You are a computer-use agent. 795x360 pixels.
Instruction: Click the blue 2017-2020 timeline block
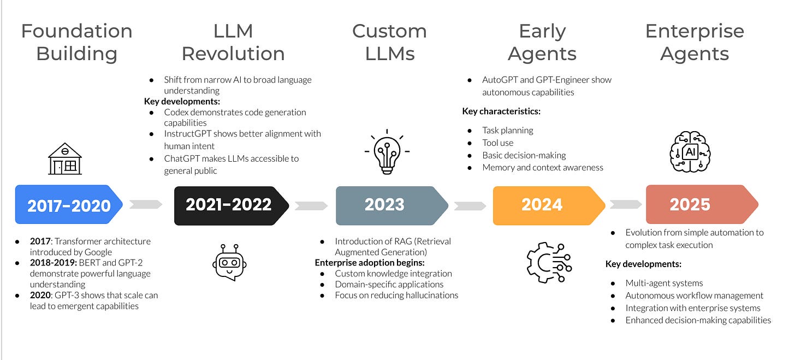tap(69, 205)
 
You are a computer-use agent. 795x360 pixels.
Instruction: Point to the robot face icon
tap(229, 263)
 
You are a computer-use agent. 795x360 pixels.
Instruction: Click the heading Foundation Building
tap(76, 42)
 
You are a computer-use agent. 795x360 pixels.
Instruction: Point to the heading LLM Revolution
tap(233, 42)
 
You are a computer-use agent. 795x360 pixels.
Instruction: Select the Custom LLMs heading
tap(389, 42)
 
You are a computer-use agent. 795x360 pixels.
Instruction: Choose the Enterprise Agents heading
tap(695, 42)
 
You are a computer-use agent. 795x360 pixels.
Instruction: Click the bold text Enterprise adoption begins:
tap(373, 262)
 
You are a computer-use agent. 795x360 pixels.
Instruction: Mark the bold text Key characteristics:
tap(501, 111)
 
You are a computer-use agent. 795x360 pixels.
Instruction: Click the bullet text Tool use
tap(497, 143)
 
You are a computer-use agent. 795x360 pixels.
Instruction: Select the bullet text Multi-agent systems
tap(664, 283)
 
